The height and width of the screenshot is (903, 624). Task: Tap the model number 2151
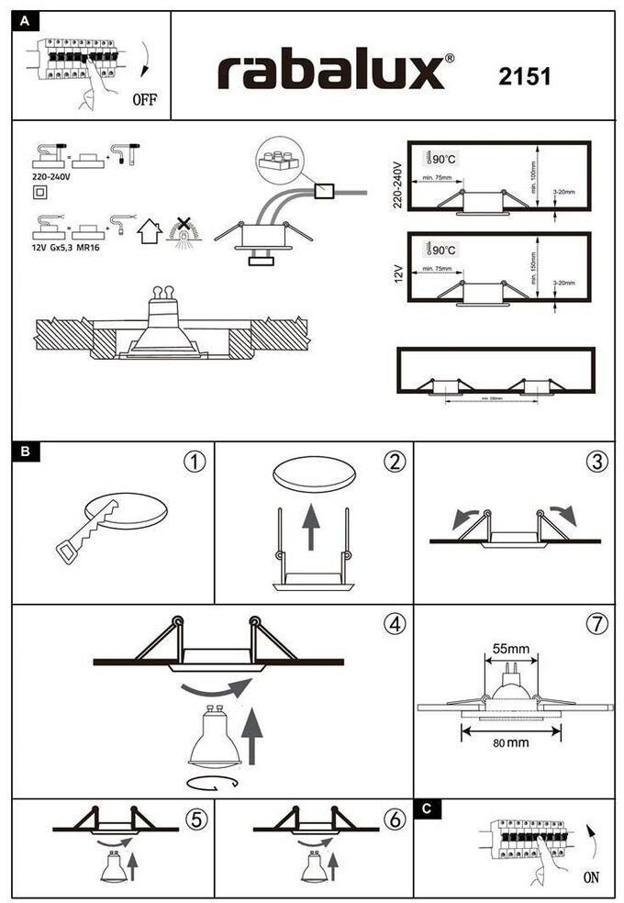525,76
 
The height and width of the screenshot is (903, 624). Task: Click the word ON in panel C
591,876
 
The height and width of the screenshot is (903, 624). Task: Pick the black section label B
26,451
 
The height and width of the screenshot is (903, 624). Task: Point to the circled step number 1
194,462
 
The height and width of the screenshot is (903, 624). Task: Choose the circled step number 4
394,624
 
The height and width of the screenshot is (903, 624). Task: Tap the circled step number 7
596,624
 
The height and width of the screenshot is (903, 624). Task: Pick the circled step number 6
395,819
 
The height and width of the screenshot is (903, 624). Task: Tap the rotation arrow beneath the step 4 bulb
212,782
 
